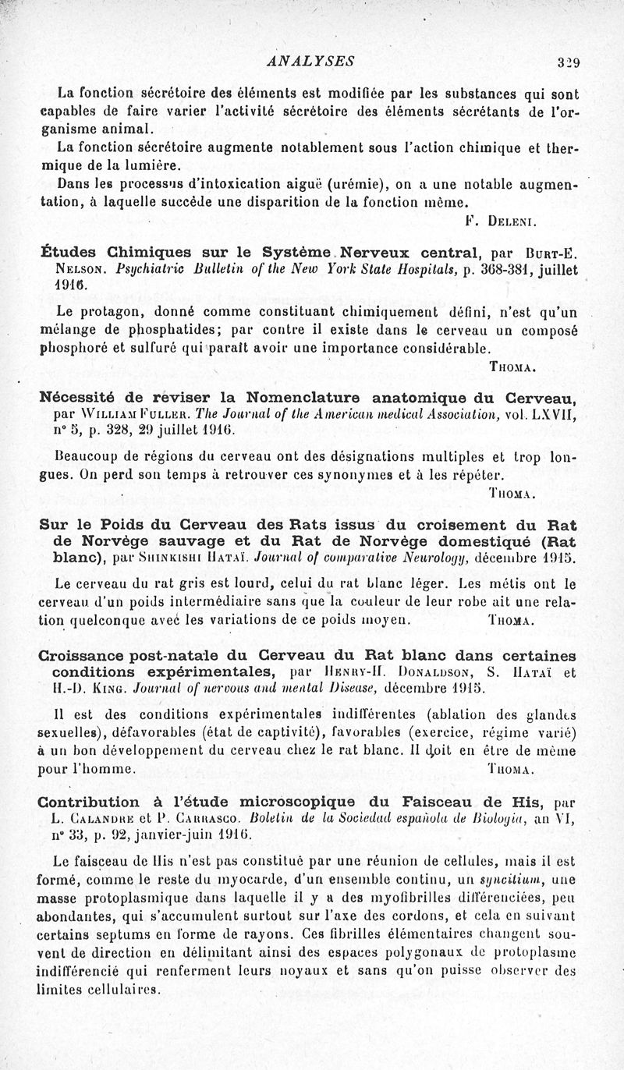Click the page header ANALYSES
click(x=310, y=61)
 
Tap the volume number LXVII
click(x=553, y=415)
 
